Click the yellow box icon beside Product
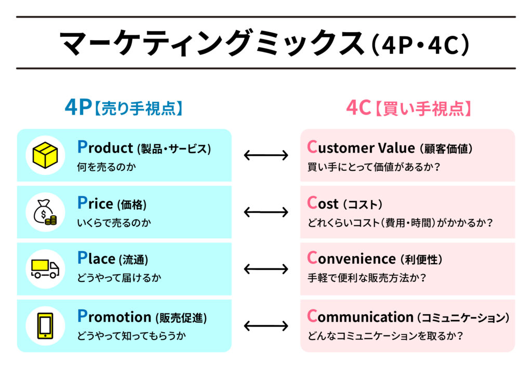(45, 155)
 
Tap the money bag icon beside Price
(45, 212)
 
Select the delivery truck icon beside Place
(45, 269)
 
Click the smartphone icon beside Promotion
(45, 326)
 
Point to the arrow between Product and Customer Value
(266, 155)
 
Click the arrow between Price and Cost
(266, 212)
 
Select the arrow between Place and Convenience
(266, 269)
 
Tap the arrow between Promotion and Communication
(266, 326)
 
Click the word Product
(105, 147)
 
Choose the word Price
(96, 203)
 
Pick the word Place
(96, 259)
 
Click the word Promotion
(114, 316)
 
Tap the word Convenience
(352, 259)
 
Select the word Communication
(361, 316)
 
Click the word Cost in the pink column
(323, 203)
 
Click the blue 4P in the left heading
(78, 107)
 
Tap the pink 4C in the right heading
(358, 107)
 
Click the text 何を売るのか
(107, 167)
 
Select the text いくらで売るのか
(114, 223)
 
